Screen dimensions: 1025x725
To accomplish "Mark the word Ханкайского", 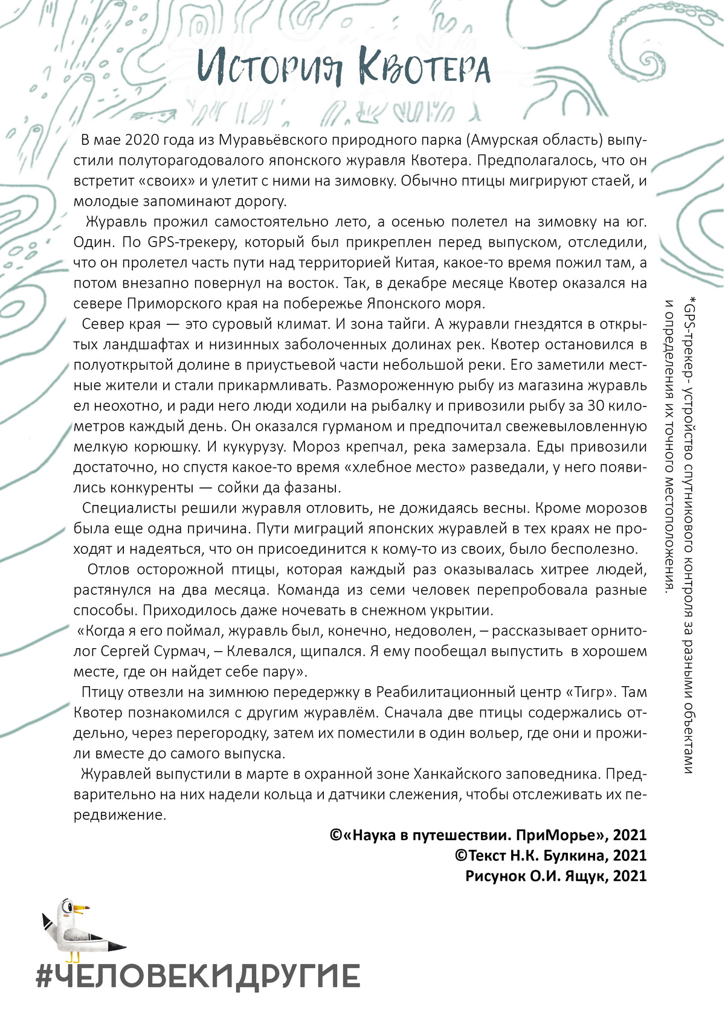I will click(463, 774).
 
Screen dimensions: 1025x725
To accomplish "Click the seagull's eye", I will click(72, 908).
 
